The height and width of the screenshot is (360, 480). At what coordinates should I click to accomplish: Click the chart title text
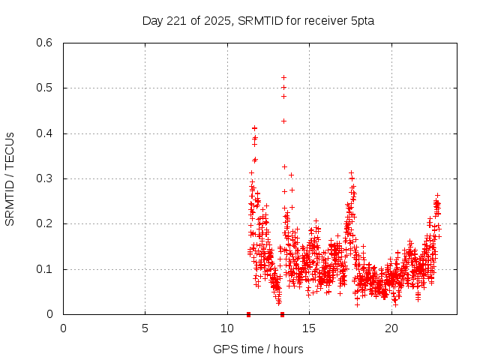click(258, 20)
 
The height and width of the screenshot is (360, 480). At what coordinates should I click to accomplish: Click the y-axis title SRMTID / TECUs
click(10, 179)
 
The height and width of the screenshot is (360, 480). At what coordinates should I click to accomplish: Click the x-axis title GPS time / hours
click(258, 349)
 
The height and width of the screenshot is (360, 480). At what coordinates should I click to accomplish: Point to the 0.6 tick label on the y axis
click(46, 43)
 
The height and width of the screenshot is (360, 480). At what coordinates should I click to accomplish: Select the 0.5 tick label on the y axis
click(46, 88)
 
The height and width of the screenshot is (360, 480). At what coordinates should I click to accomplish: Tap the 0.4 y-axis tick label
click(46, 133)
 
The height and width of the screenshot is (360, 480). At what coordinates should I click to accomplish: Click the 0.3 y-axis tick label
click(46, 178)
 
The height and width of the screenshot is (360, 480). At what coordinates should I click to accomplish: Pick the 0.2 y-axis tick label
click(46, 224)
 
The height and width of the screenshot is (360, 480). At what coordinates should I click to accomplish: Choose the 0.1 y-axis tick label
click(46, 269)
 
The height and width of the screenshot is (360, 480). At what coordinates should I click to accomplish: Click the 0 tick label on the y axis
click(50, 314)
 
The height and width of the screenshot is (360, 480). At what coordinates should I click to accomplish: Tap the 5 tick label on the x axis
click(145, 328)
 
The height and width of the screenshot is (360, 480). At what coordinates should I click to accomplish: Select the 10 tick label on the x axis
click(227, 328)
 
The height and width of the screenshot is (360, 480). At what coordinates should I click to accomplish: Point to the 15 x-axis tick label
click(310, 328)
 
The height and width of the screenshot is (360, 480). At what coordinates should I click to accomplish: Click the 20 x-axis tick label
click(391, 328)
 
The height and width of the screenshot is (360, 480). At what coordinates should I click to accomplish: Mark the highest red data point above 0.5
click(283, 77)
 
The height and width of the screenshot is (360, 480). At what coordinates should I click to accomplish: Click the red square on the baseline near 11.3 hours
click(248, 314)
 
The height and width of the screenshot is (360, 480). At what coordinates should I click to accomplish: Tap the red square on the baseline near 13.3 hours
click(282, 314)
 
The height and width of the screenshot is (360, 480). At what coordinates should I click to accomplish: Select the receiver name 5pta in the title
click(361, 20)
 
